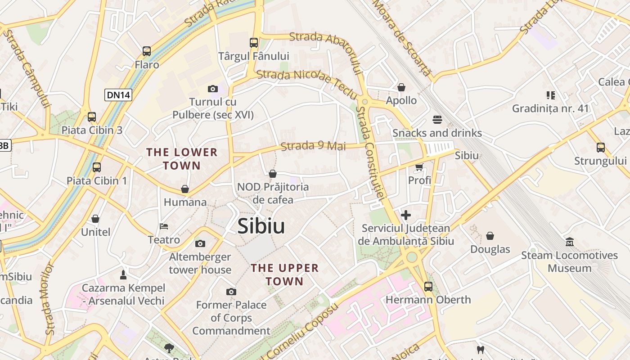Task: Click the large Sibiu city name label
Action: [261, 226]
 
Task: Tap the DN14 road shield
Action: [118, 95]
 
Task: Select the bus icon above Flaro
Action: [147, 51]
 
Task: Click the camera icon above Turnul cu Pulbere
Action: [213, 89]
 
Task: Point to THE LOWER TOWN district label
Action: [182, 159]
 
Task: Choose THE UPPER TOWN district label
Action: [284, 274]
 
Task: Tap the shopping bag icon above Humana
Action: [185, 189]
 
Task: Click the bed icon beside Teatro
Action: [164, 226]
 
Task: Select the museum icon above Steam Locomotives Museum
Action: [570, 242]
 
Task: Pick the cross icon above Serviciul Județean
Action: [406, 215]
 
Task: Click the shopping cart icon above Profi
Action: [419, 167]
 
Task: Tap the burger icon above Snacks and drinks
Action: [437, 120]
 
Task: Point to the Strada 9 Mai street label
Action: [313, 146]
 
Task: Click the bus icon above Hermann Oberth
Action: [428, 286]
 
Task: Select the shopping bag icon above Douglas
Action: [490, 236]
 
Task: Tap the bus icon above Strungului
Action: [600, 148]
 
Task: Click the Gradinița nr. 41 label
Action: [550, 108]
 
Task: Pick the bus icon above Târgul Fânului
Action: [254, 43]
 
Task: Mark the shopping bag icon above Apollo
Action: [401, 87]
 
